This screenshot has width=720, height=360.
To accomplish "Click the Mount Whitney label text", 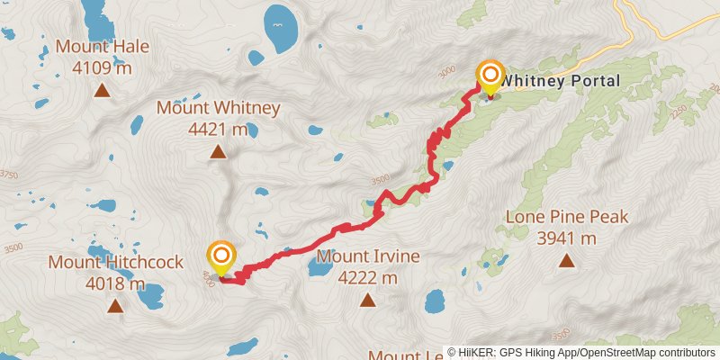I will pos(219,108).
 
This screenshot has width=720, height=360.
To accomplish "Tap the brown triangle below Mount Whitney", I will pos(218,152).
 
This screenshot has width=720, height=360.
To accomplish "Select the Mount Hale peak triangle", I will pos(102,90).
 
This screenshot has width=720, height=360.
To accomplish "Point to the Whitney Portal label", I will pos(560,81).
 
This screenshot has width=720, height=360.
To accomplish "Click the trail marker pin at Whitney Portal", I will pos(490,77).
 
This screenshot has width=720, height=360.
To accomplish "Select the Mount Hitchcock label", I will pos(115,263).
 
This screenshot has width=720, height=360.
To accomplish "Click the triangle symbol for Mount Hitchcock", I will pos(115,306).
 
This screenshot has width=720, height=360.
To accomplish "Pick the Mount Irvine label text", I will pos(368,256).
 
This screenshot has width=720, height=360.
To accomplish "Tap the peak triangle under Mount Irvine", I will pos(368,301).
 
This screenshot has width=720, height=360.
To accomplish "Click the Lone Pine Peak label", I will pos(566,217).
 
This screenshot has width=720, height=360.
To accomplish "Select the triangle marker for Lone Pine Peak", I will pos(566,261).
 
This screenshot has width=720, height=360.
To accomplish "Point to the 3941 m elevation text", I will pos(566,238).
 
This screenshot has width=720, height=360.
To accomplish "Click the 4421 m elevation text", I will pos(219,130).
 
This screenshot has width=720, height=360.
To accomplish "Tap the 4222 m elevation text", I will pos(368,278).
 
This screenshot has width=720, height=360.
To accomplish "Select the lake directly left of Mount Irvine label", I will pos(320,265).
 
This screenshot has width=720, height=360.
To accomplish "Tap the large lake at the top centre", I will pos(282,27).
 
